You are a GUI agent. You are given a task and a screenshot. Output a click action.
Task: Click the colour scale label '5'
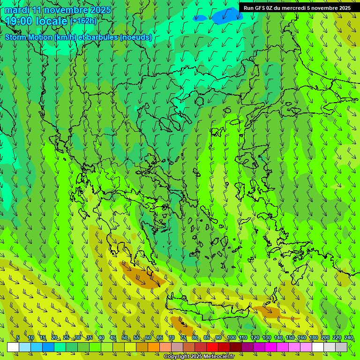[18, 338]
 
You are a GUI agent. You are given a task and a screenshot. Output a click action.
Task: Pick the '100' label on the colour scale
[232, 338]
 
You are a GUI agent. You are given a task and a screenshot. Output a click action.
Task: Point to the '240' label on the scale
[349, 338]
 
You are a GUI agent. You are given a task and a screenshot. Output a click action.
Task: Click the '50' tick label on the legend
[125, 338]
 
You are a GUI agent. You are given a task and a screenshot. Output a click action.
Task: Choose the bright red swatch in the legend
[212, 347]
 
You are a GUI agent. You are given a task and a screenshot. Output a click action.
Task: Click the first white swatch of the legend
[13, 347]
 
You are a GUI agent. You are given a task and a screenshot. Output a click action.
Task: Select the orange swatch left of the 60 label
[142, 347]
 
